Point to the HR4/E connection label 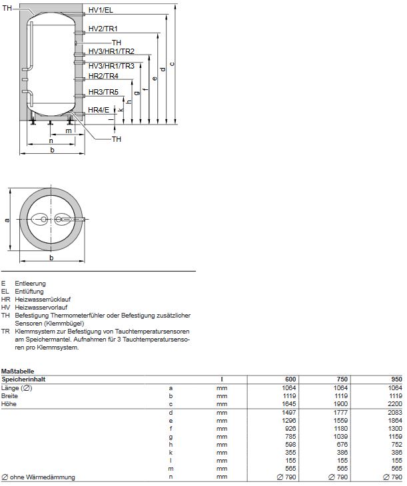(100, 110)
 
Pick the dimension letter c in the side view (173, 64)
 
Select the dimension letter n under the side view (51, 140)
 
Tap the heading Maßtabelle (17, 371)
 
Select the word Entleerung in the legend (31, 284)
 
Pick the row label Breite (10, 395)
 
